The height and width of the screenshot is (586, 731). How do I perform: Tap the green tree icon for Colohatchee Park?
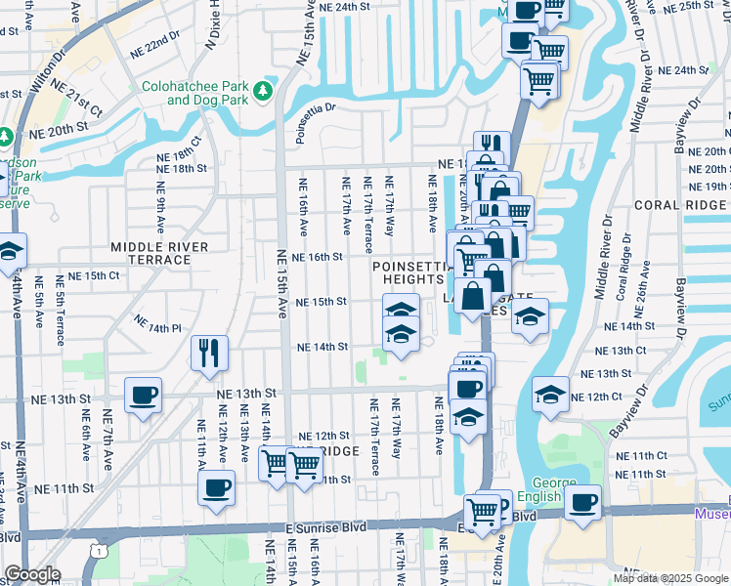(x=262, y=92)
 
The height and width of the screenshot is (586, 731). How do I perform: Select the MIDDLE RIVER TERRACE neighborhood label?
(x=150, y=253)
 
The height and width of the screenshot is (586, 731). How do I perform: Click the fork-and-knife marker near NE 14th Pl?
(x=208, y=353)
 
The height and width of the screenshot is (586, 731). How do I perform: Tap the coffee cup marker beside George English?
(x=583, y=503)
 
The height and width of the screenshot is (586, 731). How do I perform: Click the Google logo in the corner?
(x=31, y=574)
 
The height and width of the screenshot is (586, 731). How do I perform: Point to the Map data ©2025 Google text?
(x=670, y=578)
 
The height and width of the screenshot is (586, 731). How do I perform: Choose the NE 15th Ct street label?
(x=92, y=275)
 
